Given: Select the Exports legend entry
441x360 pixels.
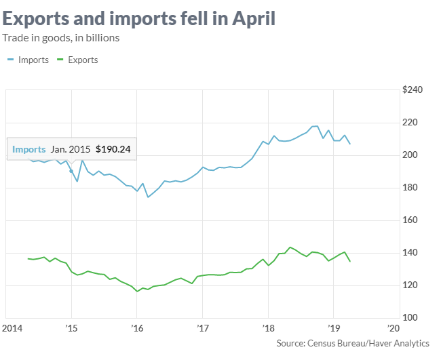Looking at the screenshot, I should point(78,60).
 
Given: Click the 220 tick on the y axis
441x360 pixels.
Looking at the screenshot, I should point(414,123).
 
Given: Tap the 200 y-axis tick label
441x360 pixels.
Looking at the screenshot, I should point(414,155).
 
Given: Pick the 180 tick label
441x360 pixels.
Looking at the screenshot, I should point(414,188).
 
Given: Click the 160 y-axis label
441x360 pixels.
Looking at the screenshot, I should point(414,220).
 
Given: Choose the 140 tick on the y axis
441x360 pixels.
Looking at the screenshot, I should point(414,253).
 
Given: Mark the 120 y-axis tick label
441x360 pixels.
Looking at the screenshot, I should point(414,285).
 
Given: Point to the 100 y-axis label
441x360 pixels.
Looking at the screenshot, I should point(414,318).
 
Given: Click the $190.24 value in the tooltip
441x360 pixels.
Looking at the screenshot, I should point(113,149).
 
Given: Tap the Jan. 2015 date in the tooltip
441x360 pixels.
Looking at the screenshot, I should point(71,149).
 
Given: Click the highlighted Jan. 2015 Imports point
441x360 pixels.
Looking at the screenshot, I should point(71,171).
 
